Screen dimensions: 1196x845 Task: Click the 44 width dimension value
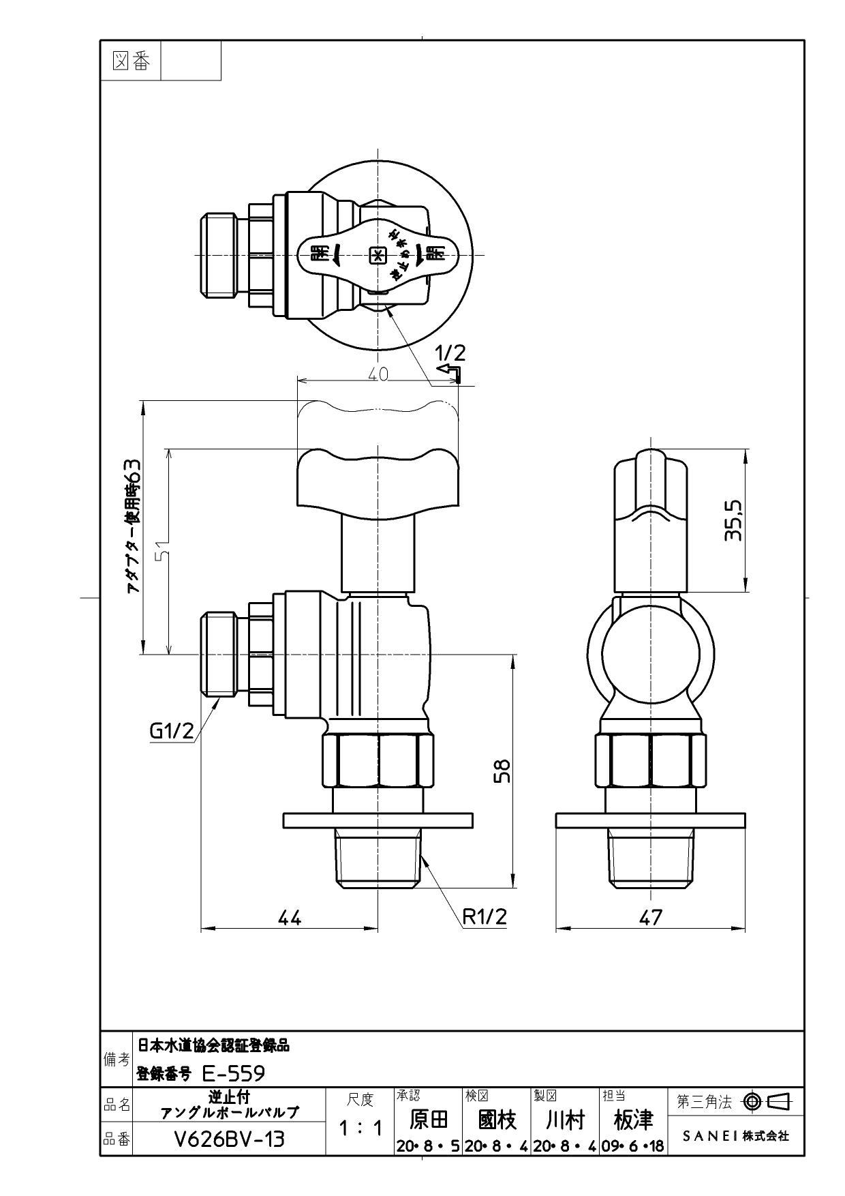[x=289, y=918]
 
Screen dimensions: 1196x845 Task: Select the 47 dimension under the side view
[x=651, y=918]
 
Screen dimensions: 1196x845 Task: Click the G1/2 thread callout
[x=172, y=731]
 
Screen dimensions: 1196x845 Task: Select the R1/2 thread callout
[x=485, y=916]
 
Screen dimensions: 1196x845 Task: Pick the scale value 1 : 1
[x=360, y=1128]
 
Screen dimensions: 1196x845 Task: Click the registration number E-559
[x=234, y=1074]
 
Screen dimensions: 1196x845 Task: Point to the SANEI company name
[x=736, y=1136]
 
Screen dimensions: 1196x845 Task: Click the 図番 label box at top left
[x=130, y=61]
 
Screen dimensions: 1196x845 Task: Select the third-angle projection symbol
[x=767, y=1101]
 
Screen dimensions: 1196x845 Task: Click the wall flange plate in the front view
[x=378, y=820]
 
